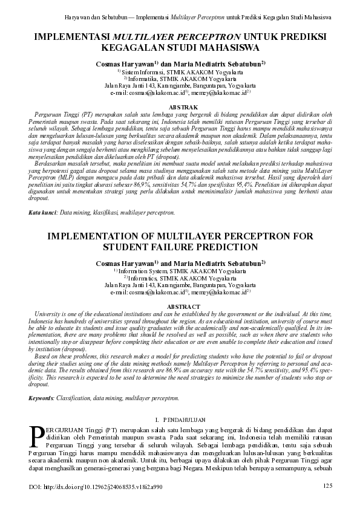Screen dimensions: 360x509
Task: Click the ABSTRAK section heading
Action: pyautogui.click(x=180, y=106)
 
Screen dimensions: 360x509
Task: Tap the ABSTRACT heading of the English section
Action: pyautogui.click(x=180, y=307)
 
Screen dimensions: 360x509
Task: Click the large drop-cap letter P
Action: pyautogui.click(x=36, y=435)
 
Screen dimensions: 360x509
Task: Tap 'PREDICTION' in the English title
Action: pyautogui.click(x=233, y=247)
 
